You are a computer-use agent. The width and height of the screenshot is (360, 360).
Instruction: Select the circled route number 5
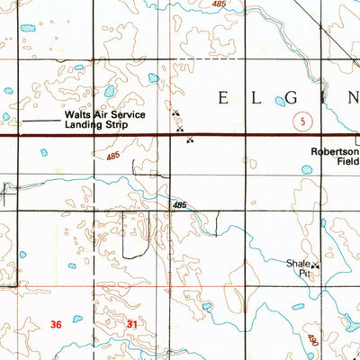[304, 121]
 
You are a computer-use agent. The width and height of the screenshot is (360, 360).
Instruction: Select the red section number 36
[58, 324]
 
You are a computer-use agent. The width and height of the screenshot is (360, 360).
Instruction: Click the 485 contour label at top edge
[219, 4]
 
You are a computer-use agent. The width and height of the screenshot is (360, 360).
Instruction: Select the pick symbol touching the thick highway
[189, 139]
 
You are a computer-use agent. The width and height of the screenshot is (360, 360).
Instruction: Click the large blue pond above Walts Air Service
[110, 91]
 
